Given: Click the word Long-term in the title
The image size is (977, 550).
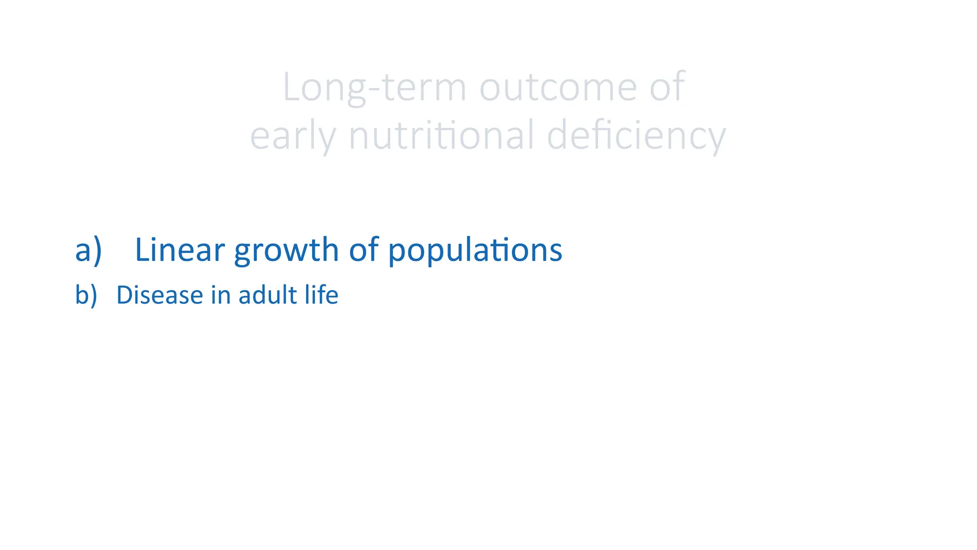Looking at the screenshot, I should coord(374,87).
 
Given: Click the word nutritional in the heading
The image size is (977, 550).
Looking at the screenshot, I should coord(441,136).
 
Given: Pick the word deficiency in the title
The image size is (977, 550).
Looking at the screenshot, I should coord(636,136).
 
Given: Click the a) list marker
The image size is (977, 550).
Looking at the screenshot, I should coord(89,250).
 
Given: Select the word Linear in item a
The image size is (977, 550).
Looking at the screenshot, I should coord(179,250).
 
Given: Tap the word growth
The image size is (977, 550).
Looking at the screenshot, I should coord(286,250).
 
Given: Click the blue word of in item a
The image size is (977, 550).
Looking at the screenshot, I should coord(364,250).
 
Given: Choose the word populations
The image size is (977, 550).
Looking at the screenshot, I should coord(475,250).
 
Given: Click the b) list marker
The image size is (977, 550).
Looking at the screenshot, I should coord(86,295).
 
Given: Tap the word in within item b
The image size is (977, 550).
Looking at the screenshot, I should coord(220,295).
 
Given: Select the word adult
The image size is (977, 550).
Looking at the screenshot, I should coord(268,295).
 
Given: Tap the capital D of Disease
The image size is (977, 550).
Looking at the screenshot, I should coord(124,295).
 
